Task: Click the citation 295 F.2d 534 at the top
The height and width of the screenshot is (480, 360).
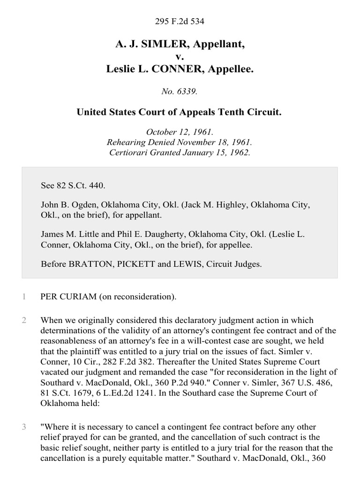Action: click(x=180, y=22)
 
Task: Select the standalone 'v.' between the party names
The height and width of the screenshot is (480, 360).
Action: click(x=180, y=57)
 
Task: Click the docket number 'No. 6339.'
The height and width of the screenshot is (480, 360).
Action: click(x=180, y=92)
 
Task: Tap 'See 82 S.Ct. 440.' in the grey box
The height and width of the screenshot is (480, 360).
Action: click(x=73, y=186)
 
